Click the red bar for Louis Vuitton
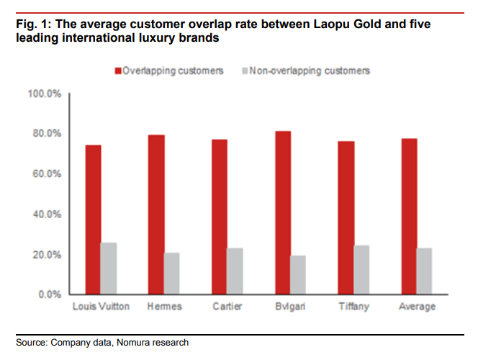[x=93, y=220]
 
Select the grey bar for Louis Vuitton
[x=109, y=269]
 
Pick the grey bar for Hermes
[x=171, y=274]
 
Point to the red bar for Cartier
[x=219, y=217]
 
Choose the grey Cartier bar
[x=235, y=271]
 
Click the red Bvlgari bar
[x=282, y=212]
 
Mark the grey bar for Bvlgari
[x=298, y=275]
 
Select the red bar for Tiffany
[x=346, y=217]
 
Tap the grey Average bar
[x=425, y=271]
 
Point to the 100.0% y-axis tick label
[x=44, y=94]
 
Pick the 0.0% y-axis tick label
[x=49, y=294]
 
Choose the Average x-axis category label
[x=416, y=307]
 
